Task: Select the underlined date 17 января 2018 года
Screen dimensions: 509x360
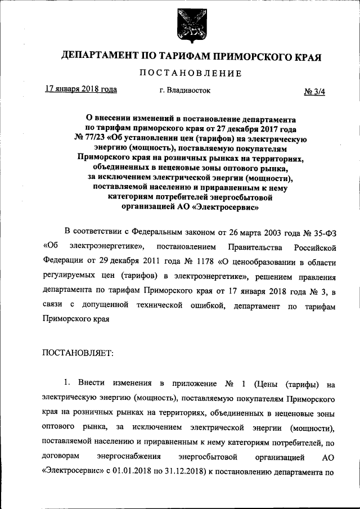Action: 80,89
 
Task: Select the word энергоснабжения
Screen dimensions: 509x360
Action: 137,456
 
